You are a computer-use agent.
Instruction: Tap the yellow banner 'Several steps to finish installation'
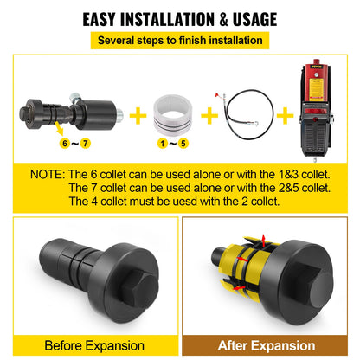point(180,41)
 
